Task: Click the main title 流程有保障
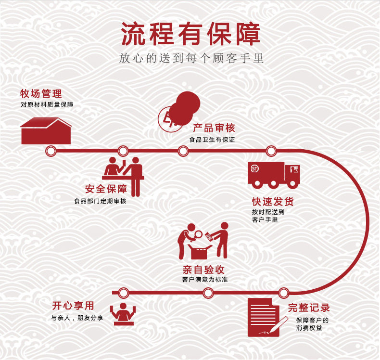coord(190,34)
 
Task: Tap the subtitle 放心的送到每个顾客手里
coord(191,58)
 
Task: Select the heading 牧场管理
coord(41,93)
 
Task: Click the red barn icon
coord(46,130)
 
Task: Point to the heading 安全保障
coord(106,189)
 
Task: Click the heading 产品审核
coord(214,128)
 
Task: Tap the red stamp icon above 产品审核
coord(179,112)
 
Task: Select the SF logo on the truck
coord(254,168)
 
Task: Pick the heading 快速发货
coord(273,202)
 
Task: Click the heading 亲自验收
coord(203,270)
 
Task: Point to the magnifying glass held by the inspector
coord(198,234)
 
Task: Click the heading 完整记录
coord(309,308)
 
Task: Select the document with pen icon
coord(266,318)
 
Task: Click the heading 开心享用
coord(73,306)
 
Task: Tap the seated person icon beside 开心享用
coord(123,314)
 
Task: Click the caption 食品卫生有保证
coord(212,140)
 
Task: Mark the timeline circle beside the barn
coord(51,151)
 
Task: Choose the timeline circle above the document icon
coord(283,293)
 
